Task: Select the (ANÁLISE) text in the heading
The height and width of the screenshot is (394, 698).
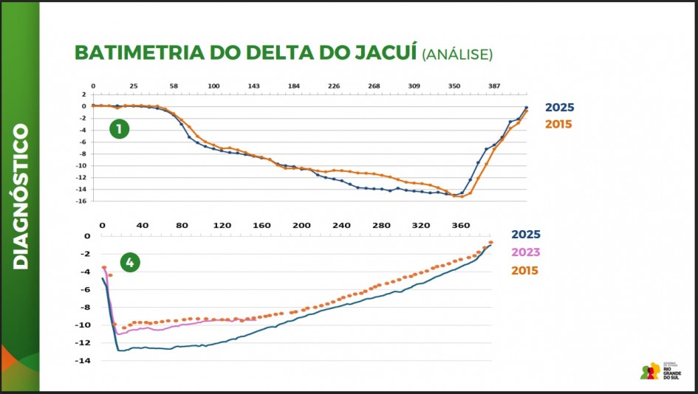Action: point(457,55)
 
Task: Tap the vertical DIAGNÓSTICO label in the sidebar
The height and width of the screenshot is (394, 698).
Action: point(20,196)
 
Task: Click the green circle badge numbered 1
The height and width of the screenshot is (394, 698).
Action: point(119,130)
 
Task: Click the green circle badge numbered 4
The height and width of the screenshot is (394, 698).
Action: point(130,262)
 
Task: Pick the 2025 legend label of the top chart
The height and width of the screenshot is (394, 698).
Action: point(559,108)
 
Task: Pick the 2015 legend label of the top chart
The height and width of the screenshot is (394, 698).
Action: point(559,124)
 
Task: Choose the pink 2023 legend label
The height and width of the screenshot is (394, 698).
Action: point(526,252)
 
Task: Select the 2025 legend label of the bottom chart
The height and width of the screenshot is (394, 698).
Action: point(526,235)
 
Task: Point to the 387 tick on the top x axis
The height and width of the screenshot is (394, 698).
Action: point(494,86)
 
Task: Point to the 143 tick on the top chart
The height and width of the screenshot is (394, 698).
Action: point(253,86)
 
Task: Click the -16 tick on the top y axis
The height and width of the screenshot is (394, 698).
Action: point(83,201)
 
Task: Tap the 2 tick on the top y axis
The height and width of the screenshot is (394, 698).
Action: point(85,94)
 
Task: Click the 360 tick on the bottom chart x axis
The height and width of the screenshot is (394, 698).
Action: point(460,224)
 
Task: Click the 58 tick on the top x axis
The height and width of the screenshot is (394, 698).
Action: point(174,86)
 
